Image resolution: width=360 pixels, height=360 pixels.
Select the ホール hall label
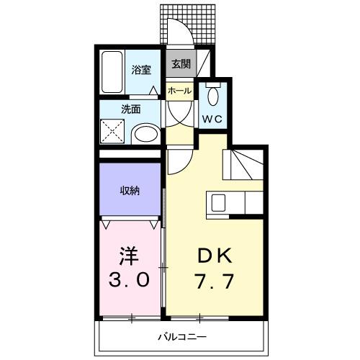(179, 91)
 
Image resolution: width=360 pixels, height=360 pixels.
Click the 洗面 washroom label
(130, 110)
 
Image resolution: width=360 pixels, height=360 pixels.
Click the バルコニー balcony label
(181, 336)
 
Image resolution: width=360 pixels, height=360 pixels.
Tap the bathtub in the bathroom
(112, 72)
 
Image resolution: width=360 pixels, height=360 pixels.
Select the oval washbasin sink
(147, 134)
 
